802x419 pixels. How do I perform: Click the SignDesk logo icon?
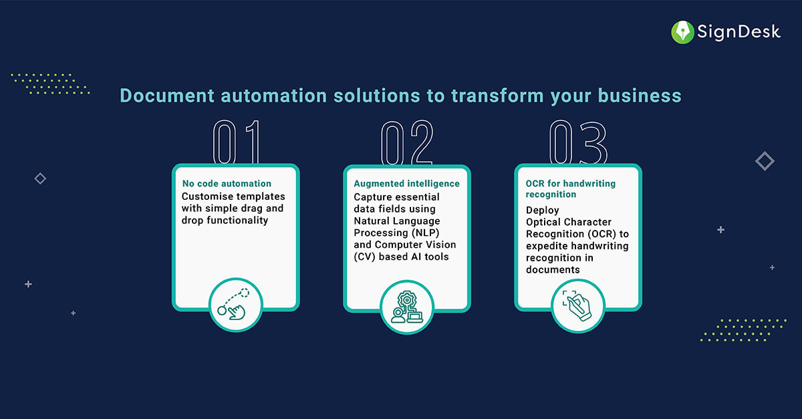point(683,31)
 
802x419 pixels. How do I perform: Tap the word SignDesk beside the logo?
point(738,31)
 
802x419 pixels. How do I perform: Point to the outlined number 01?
point(235,142)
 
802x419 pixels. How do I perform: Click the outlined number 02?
point(407,142)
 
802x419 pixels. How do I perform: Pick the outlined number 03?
point(578,142)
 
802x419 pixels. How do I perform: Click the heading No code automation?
point(227,183)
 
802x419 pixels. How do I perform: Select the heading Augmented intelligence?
point(406,183)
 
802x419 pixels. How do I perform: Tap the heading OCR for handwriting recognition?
point(570,188)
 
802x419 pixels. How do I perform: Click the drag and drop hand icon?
point(235,305)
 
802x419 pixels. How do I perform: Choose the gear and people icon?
point(407,306)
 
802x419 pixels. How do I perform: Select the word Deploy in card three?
point(541,210)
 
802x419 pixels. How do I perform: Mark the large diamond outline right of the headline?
point(765,161)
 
